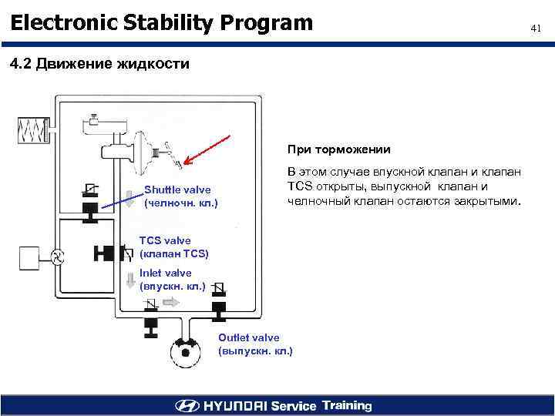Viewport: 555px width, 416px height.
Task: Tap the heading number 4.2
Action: (x=22, y=64)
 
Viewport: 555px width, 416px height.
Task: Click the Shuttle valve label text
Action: (x=177, y=190)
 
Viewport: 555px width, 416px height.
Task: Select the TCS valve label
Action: (x=165, y=241)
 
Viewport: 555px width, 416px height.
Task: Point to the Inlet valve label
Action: (x=166, y=273)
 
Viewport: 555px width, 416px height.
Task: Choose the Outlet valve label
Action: (x=249, y=337)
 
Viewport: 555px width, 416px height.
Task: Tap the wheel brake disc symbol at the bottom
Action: (x=184, y=356)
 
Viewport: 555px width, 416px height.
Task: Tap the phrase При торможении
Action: (x=339, y=149)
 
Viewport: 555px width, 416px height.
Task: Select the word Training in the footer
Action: (x=347, y=406)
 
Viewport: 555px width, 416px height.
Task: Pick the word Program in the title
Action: (x=265, y=22)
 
